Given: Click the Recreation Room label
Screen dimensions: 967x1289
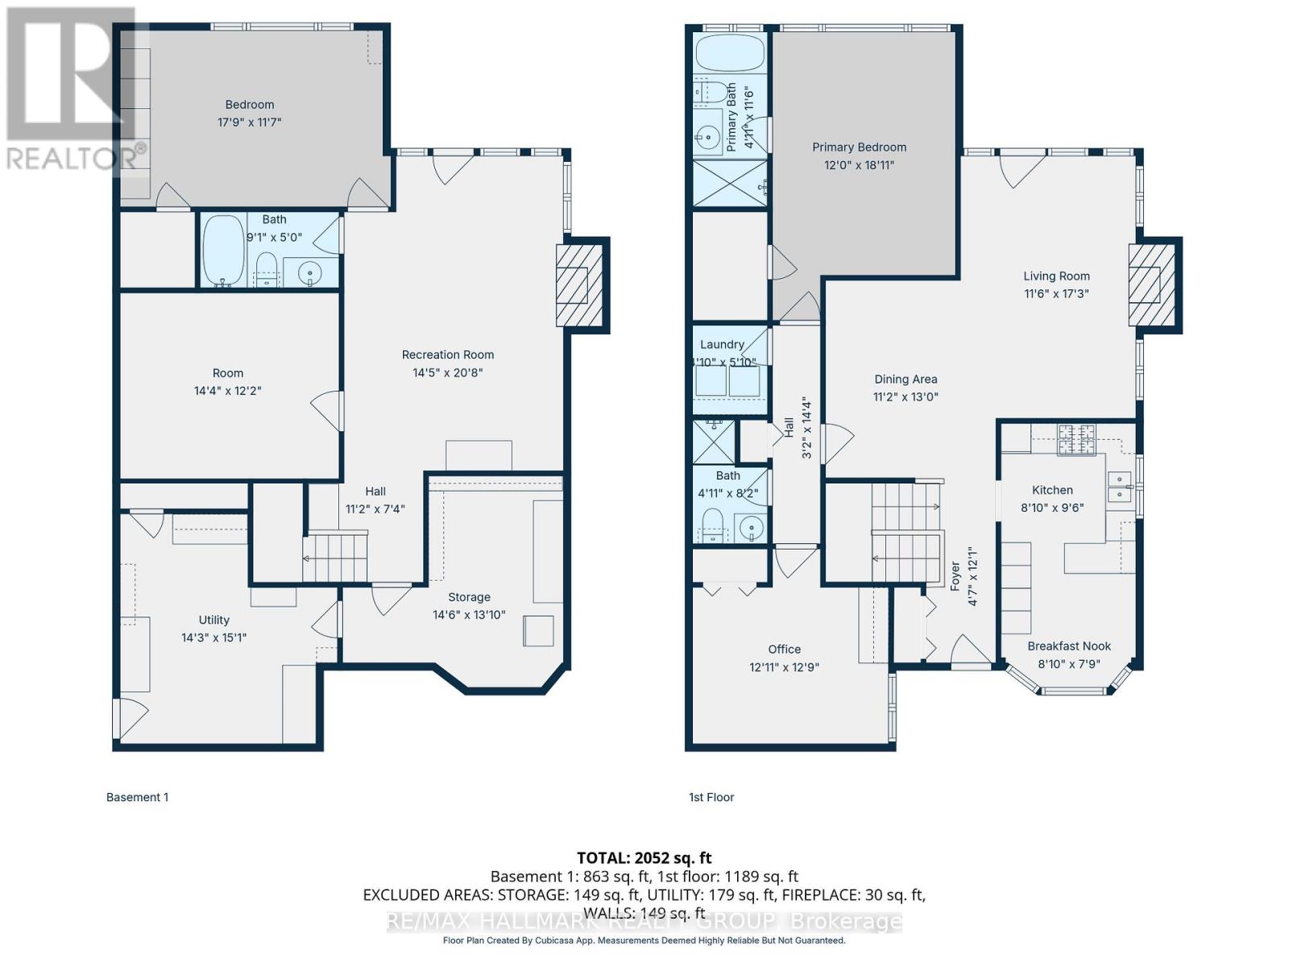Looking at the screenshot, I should tap(447, 355).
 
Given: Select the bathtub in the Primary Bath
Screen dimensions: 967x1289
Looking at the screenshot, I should tap(729, 53).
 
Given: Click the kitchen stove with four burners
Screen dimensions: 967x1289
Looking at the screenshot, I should tap(1076, 439).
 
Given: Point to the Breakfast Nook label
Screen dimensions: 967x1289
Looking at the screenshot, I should tap(1068, 646).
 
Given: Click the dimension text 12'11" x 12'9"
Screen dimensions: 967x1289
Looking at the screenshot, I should tap(784, 667).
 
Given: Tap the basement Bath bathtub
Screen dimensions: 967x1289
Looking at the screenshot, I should tap(223, 250).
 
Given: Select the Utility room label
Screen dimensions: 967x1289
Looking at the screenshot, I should tap(213, 620).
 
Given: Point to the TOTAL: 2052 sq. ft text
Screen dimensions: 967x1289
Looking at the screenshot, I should tap(644, 857).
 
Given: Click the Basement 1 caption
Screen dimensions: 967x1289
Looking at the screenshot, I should tap(137, 797).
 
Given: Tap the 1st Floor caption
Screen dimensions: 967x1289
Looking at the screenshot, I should tap(711, 797).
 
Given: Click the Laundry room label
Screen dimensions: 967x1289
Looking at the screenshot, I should tap(721, 344).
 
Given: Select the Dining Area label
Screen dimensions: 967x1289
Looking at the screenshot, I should tap(906, 379).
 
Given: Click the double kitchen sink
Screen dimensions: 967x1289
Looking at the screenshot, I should tap(1119, 487).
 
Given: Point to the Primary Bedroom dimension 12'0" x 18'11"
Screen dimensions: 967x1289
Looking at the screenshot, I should tap(859, 165).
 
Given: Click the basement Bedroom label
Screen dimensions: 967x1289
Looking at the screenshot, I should tap(249, 105).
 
